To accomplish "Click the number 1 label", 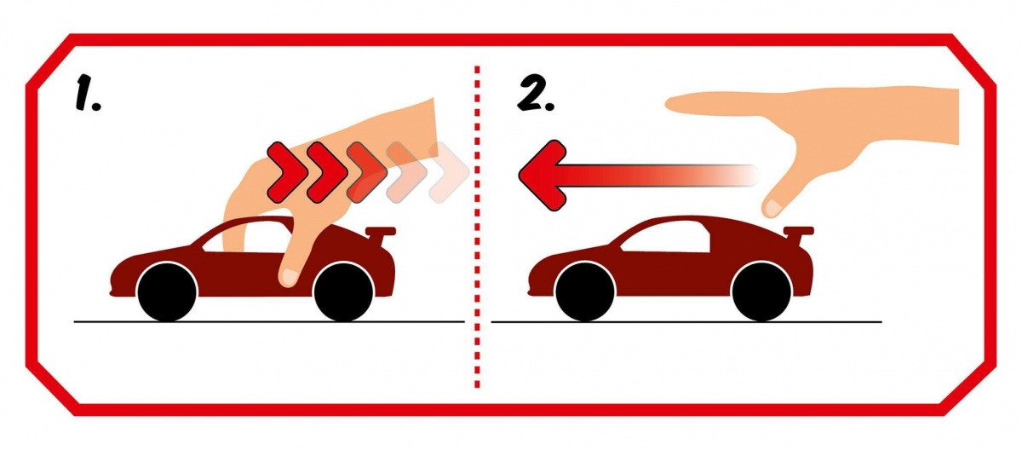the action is [x=88, y=94].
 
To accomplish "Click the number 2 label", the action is [x=536, y=94].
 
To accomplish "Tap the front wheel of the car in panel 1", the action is [x=167, y=292].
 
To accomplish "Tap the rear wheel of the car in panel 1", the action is [x=343, y=292].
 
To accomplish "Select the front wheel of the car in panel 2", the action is [x=585, y=292].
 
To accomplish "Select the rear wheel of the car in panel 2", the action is [x=761, y=292].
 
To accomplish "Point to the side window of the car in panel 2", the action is [x=665, y=239].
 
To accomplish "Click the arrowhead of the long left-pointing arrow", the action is [x=541, y=176].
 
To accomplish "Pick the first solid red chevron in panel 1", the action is [x=286, y=172].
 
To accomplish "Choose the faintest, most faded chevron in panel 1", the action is [x=449, y=172].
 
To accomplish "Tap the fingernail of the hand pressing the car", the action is [x=290, y=277].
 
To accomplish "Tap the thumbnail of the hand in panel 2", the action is [x=772, y=208].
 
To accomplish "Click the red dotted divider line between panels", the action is [x=477, y=227].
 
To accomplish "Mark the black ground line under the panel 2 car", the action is [x=686, y=322].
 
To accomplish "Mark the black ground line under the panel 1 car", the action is [x=269, y=322].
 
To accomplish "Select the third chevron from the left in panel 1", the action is [x=367, y=172].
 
